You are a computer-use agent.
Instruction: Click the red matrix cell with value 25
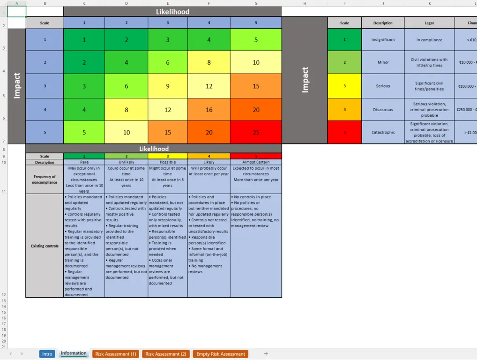click(256, 132)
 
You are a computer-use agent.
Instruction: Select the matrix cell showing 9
click(168, 86)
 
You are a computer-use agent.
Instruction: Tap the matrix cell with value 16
click(209, 110)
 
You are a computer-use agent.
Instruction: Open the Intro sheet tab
click(47, 354)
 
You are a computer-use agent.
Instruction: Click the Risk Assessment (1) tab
click(116, 354)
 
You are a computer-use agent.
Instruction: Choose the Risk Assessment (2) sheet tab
click(166, 354)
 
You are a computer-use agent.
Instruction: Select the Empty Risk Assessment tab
click(220, 354)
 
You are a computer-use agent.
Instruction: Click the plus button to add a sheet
click(266, 354)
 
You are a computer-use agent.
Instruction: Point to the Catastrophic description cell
click(383, 132)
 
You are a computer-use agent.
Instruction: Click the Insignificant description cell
click(383, 40)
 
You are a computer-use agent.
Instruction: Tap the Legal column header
click(429, 22)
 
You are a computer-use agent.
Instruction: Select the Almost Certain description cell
click(256, 162)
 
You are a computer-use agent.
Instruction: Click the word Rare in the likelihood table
click(84, 162)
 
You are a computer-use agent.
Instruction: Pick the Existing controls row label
click(45, 246)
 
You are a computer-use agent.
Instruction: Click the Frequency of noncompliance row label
click(45, 180)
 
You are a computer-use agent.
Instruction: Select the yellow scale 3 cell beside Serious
click(344, 86)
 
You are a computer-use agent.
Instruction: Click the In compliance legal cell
click(429, 40)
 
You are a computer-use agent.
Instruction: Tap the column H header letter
click(305, 3)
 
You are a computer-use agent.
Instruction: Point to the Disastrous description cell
click(383, 110)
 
